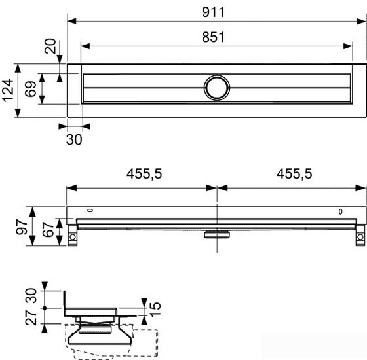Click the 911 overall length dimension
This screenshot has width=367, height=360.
coord(216,11)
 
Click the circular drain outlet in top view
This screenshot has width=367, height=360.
coord(216,87)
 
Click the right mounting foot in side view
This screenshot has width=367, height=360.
coord(358,234)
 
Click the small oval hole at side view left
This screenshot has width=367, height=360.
coord(90,211)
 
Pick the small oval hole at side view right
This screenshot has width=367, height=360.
coord(340,211)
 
